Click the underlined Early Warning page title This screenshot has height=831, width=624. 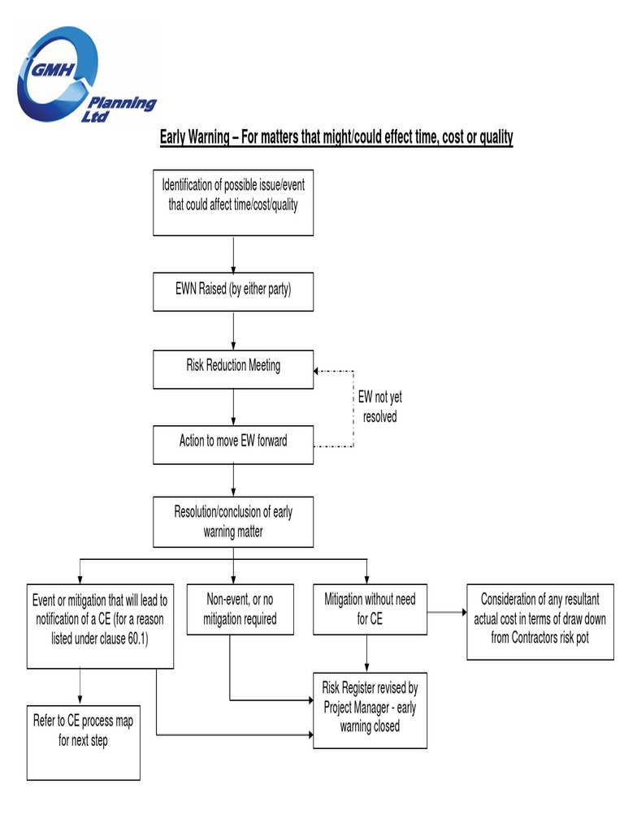(336, 136)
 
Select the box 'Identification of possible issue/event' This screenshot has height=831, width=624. (233, 202)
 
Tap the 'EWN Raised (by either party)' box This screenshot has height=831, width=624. (233, 292)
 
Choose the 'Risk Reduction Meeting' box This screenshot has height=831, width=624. (233, 368)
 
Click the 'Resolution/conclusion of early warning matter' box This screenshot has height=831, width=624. (233, 522)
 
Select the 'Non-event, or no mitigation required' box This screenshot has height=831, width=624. (240, 610)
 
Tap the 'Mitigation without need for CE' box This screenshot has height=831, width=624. (370, 609)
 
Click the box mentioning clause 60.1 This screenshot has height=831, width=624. (100, 626)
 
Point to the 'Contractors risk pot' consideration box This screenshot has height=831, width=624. (540, 620)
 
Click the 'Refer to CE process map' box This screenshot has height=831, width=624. (83, 743)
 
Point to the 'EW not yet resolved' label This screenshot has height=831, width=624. (379, 407)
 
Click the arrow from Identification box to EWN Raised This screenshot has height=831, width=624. (233, 254)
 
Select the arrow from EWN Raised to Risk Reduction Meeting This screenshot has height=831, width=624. (233, 330)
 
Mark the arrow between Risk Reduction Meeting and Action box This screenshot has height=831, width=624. (233, 407)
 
